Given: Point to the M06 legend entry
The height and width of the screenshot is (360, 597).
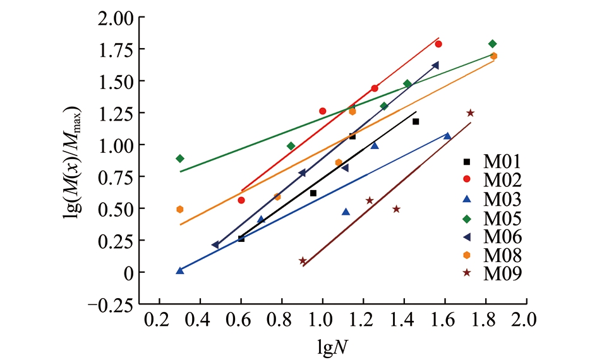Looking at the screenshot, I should (x=490, y=240).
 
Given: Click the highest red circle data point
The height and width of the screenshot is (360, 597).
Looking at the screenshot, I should (x=438, y=44).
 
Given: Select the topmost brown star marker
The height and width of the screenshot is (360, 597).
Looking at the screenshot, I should (x=470, y=113).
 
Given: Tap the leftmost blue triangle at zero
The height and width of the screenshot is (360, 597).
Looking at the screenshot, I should (x=180, y=270).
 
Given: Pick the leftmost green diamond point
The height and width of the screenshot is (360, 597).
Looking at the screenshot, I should (x=180, y=159).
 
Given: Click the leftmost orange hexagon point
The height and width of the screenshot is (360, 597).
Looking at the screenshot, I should (x=180, y=209).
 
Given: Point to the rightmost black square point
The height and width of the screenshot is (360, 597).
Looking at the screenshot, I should (x=416, y=121).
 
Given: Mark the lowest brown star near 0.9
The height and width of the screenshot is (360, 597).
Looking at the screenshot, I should (x=303, y=261).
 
